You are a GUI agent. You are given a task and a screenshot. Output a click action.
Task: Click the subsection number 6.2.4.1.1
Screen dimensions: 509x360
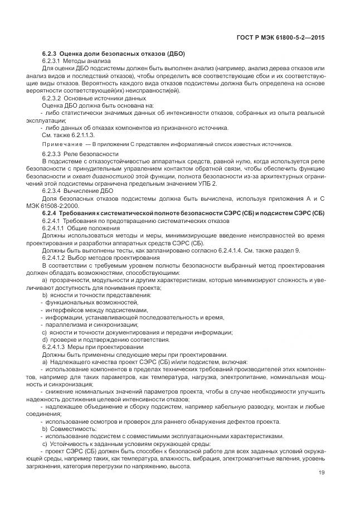point(56,228)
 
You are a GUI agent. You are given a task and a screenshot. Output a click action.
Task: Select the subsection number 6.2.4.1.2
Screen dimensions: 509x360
point(56,258)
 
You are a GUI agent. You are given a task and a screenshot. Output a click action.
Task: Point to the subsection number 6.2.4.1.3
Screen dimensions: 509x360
point(56,347)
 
